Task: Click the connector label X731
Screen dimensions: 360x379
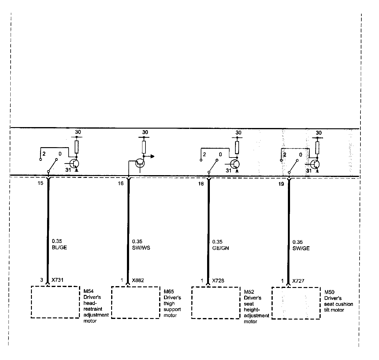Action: pyautogui.click(x=57, y=280)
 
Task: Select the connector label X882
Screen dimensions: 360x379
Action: pyautogui.click(x=138, y=280)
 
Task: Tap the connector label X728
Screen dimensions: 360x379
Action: pyautogui.click(x=218, y=281)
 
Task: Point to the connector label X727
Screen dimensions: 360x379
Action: pyautogui.click(x=298, y=281)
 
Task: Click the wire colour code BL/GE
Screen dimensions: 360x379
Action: pyautogui.click(x=60, y=247)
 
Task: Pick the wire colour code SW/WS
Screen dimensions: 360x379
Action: pyautogui.click(x=141, y=248)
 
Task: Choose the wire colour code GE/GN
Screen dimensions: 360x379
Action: pyautogui.click(x=220, y=248)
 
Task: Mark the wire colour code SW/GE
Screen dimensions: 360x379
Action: pyautogui.click(x=301, y=248)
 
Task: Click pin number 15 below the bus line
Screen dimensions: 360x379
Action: pyautogui.click(x=40, y=183)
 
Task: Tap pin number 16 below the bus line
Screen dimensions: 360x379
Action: pyautogui.click(x=121, y=183)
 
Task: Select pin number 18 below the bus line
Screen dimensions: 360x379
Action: pyautogui.click(x=201, y=184)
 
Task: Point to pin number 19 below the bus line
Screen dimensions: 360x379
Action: pyautogui.click(x=281, y=184)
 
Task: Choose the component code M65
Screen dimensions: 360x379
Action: pyautogui.click(x=169, y=292)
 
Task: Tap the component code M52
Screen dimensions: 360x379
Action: pyautogui.click(x=249, y=292)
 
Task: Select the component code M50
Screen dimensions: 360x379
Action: pyautogui.click(x=329, y=292)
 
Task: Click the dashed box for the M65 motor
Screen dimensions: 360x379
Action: pyautogui.click(x=135, y=303)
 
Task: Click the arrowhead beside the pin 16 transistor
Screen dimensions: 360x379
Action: pyautogui.click(x=152, y=156)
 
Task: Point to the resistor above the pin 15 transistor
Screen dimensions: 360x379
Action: pyautogui.click(x=77, y=147)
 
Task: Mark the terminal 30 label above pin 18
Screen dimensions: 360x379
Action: pyautogui.click(x=238, y=133)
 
